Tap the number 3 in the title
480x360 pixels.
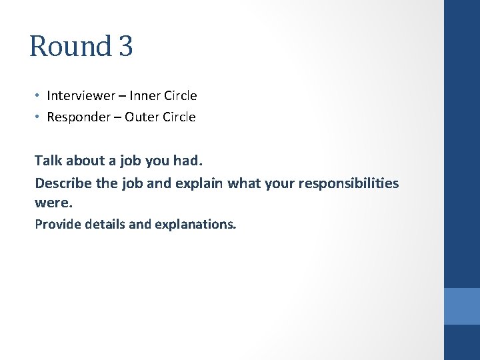point(126,47)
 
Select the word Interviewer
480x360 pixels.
point(81,96)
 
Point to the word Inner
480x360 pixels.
point(144,96)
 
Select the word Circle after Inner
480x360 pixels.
point(180,96)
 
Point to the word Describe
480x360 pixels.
point(61,183)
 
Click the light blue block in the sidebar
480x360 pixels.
point(462,306)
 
